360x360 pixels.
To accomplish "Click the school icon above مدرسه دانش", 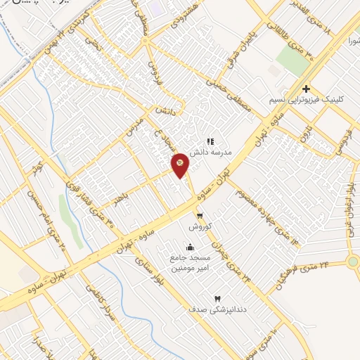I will (x=210, y=141).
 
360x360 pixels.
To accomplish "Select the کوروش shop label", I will (x=198, y=228).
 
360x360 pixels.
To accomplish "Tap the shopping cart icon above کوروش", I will (x=200, y=216).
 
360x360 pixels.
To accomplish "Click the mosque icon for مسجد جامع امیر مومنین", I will (x=190, y=247).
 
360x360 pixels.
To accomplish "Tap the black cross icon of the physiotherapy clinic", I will (x=306, y=89).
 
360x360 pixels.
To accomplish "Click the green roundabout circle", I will (x=353, y=262).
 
